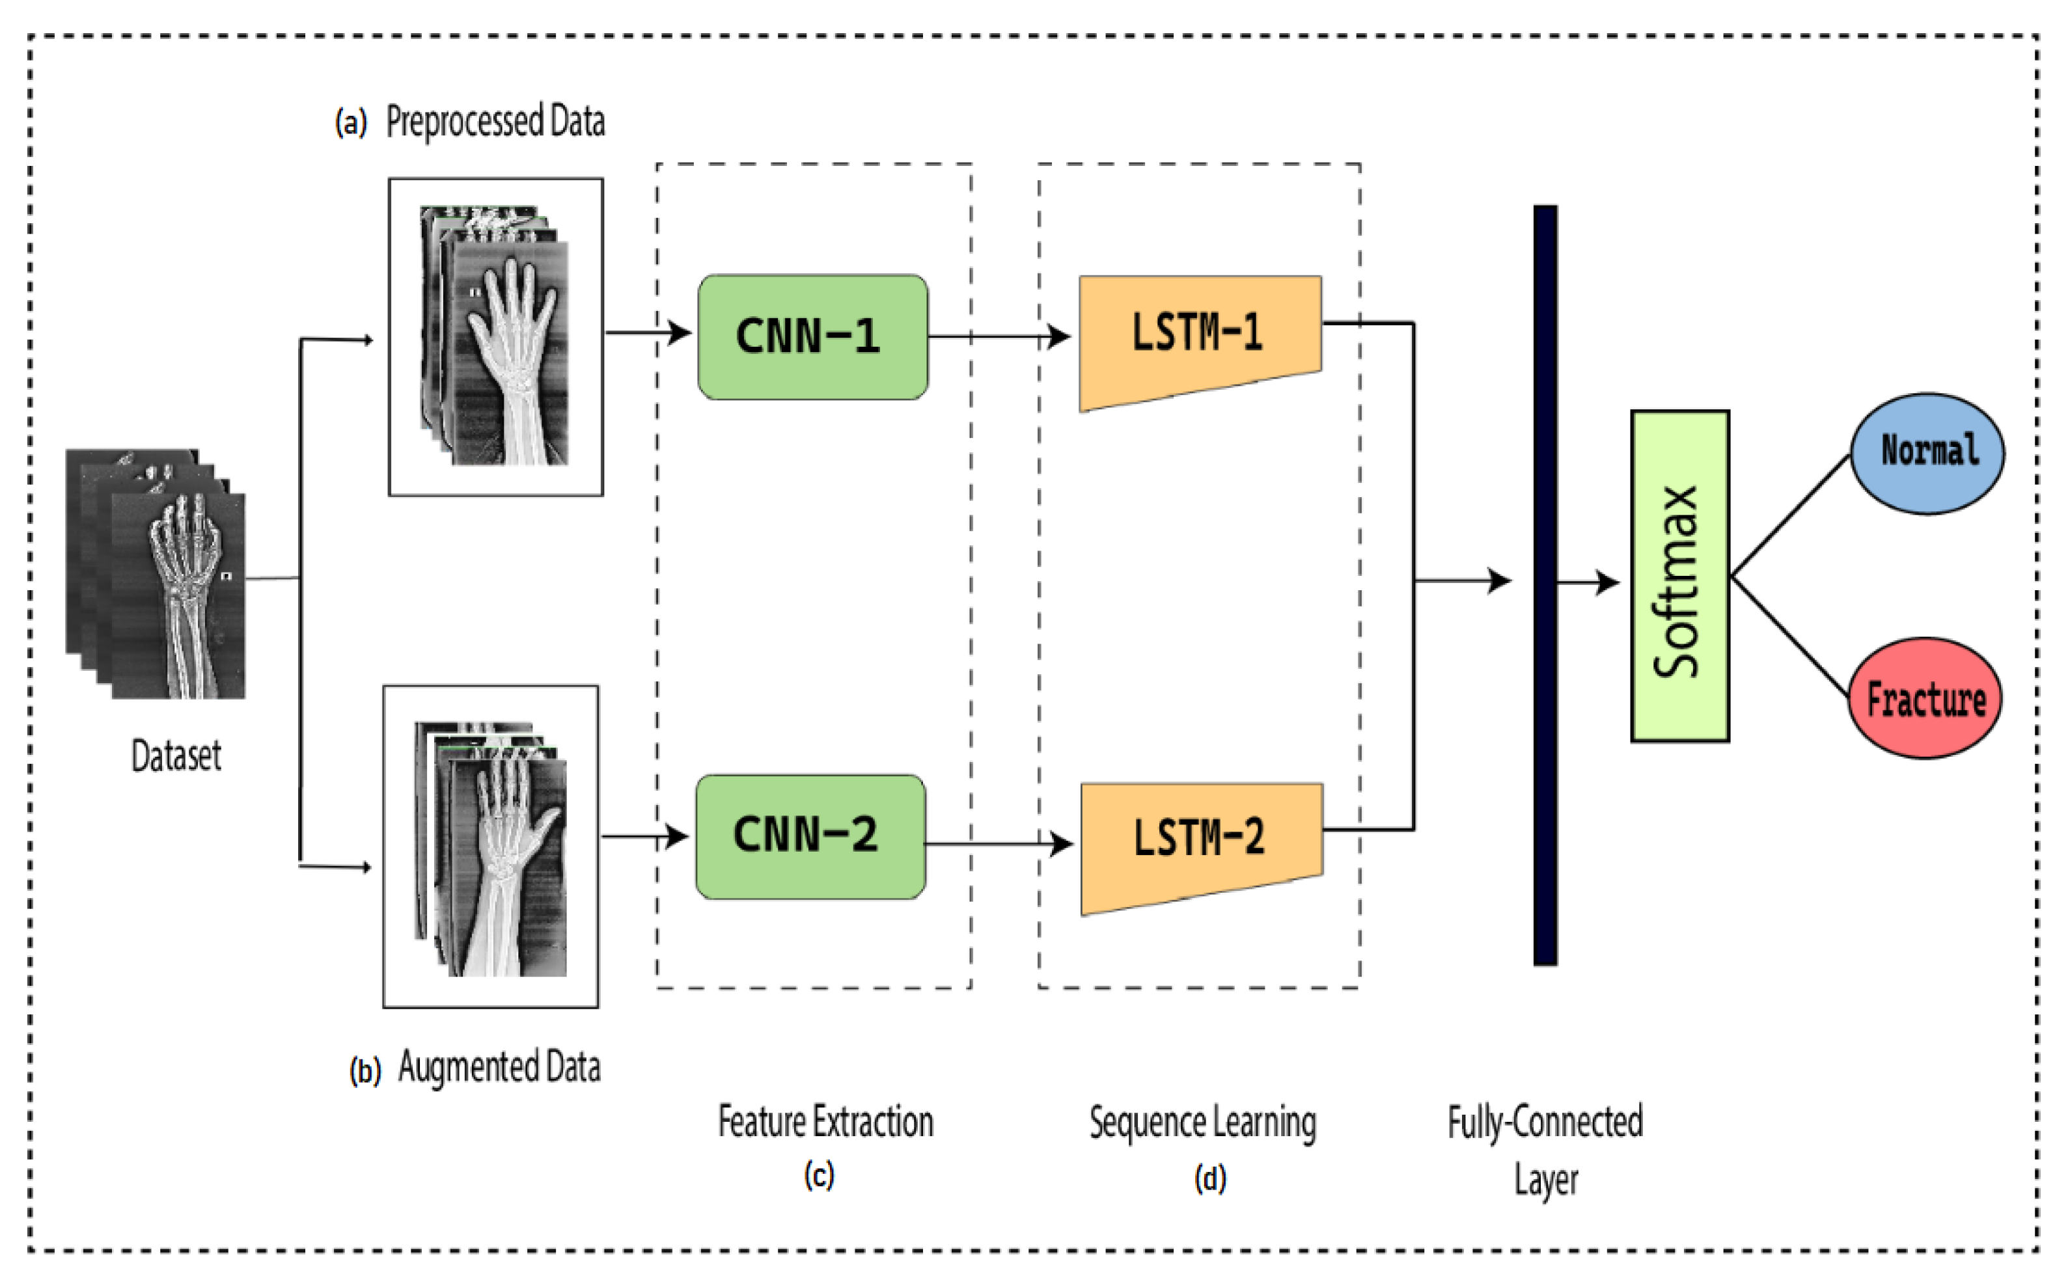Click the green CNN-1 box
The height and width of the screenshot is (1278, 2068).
click(x=812, y=336)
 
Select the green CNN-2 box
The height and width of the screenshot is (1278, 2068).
click(x=810, y=836)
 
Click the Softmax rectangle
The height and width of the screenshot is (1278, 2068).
click(x=1679, y=577)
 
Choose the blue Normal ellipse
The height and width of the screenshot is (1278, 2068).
click(x=1927, y=453)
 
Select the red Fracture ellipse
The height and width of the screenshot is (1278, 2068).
click(x=1924, y=698)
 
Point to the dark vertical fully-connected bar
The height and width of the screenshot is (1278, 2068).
click(x=1545, y=585)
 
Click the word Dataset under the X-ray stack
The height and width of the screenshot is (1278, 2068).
click(x=176, y=755)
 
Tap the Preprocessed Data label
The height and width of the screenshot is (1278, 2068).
click(x=495, y=121)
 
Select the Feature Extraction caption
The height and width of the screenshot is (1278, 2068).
click(x=825, y=1122)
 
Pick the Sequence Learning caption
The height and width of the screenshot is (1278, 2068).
click(x=1202, y=1123)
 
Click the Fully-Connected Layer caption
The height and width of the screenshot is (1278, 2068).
click(x=1545, y=1150)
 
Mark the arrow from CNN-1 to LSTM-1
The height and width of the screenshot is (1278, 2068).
click(x=999, y=336)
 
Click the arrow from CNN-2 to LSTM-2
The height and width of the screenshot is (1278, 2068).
click(x=999, y=843)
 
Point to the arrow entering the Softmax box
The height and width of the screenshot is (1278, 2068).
click(x=1588, y=582)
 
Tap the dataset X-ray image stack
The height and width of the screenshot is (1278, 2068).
click(x=156, y=574)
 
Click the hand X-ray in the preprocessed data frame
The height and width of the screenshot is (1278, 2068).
click(x=495, y=334)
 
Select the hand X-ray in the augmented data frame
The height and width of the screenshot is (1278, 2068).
click(x=490, y=849)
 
